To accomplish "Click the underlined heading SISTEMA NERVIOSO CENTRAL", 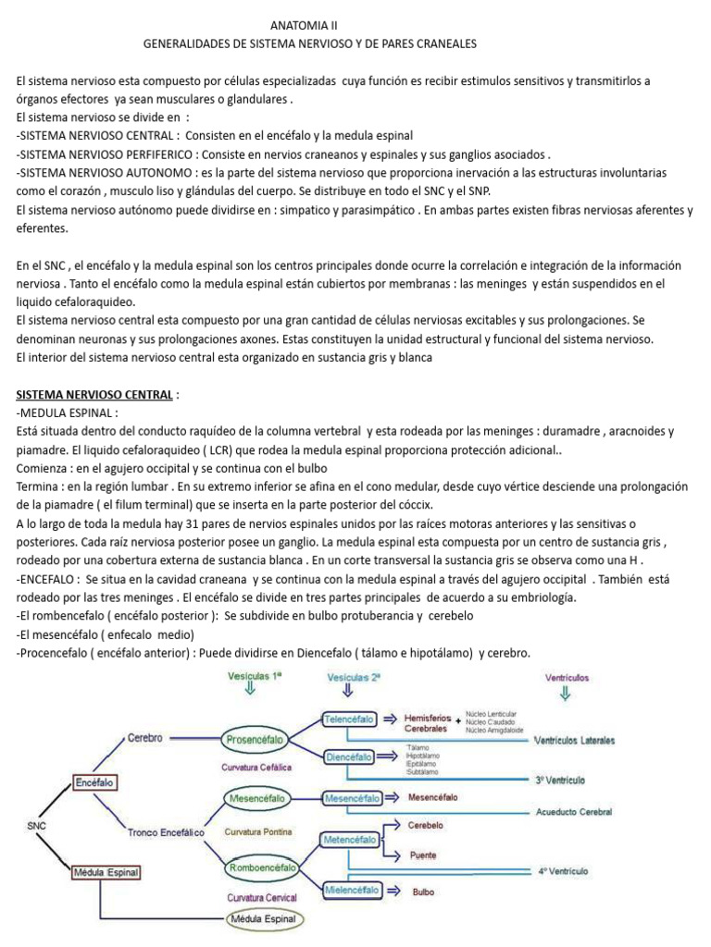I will tap(94, 395).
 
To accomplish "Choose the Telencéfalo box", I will tap(349, 719).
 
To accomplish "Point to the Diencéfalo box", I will tap(349, 756).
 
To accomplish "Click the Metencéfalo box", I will tap(349, 840).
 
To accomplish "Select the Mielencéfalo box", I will tap(352, 890).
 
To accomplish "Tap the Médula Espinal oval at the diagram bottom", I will tap(262, 919).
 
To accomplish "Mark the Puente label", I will tap(423, 855).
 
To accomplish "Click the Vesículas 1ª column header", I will tap(255, 677).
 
